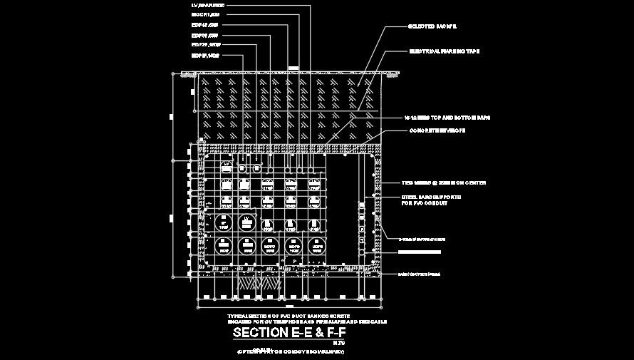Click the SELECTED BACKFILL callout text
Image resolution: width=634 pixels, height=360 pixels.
point(432,26)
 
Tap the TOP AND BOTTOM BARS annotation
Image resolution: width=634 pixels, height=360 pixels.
point(447,117)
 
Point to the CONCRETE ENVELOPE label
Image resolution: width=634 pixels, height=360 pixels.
point(437,130)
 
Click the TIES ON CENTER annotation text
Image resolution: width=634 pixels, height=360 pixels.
point(444,183)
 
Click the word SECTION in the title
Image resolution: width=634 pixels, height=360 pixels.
point(259,333)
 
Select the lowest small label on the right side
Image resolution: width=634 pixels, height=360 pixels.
point(420,274)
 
